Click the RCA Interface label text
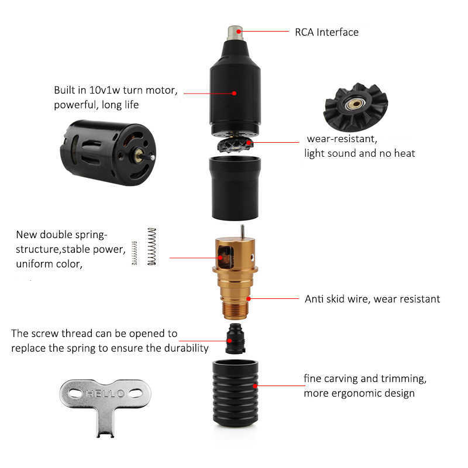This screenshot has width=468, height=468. (x=326, y=32)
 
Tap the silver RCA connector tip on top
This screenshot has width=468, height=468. (x=235, y=31)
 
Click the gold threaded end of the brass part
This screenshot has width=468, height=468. (x=235, y=307)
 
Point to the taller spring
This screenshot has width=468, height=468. (x=152, y=246)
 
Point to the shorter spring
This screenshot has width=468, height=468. (x=135, y=253)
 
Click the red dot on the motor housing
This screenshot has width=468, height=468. (x=234, y=92)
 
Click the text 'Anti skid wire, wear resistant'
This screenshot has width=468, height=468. (x=372, y=299)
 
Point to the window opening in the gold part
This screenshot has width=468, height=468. (x=223, y=256)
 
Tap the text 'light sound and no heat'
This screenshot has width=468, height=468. (x=359, y=153)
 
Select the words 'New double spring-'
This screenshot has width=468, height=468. (x=61, y=235)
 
